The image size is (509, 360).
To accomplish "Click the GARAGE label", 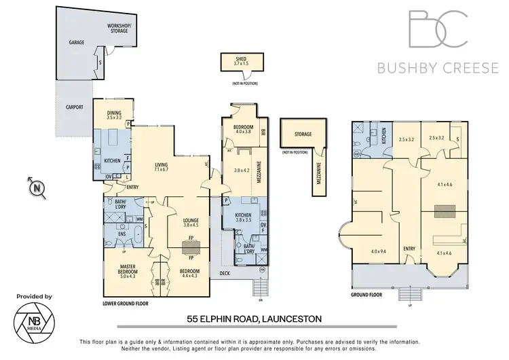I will point(76,42).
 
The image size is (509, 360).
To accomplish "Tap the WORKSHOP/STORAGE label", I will point(119,28).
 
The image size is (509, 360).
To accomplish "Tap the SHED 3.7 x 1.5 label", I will point(241,61).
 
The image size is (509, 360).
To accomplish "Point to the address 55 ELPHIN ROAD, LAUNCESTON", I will point(254,318).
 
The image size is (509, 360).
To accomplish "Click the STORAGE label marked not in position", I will point(303,134).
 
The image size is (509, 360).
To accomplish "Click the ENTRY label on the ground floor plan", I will point(409,248).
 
